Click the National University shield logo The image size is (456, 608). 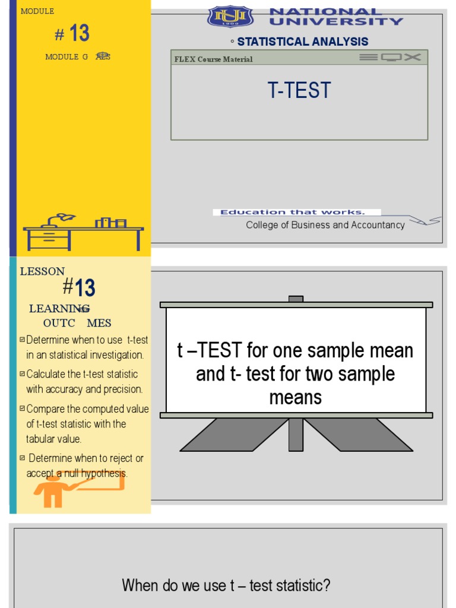point(229,16)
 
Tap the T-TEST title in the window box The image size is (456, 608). point(299,91)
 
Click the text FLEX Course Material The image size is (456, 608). point(213,59)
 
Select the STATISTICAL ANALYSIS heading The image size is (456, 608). point(302,42)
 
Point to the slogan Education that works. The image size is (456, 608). point(293,212)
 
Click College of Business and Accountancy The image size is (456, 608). point(325,225)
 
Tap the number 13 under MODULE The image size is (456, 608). point(79,33)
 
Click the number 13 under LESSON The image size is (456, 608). point(85,289)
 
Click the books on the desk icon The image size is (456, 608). point(111,223)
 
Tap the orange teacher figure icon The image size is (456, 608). point(52,490)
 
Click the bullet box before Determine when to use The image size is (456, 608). point(22,340)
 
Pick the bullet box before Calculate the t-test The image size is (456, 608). point(22,374)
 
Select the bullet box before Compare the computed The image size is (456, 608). point(22,408)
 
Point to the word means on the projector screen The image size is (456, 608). point(296,398)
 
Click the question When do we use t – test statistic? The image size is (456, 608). point(226,585)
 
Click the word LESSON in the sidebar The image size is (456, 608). point(42,271)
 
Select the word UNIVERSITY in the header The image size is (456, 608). point(336,21)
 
